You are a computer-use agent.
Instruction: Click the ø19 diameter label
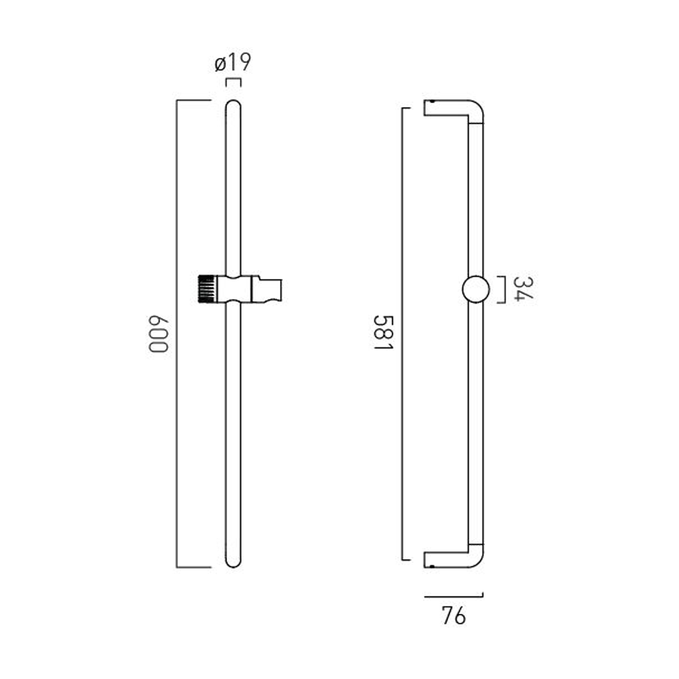pyautogui.click(x=233, y=62)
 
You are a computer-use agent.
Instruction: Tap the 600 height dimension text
pyautogui.click(x=158, y=334)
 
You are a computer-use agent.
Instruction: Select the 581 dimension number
pyautogui.click(x=383, y=333)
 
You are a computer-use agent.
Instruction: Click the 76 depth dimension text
pyautogui.click(x=453, y=616)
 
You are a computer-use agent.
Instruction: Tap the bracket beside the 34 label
pyautogui.click(x=502, y=289)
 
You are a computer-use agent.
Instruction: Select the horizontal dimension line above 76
pyautogui.click(x=454, y=597)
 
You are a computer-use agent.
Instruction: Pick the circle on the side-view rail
pyautogui.click(x=476, y=289)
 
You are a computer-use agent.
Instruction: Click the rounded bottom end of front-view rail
pyautogui.click(x=233, y=561)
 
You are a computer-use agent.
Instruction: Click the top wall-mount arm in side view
pyautogui.click(x=446, y=108)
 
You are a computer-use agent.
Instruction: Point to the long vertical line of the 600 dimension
pyautogui.click(x=177, y=333)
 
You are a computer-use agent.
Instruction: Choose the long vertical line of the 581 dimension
pyautogui.click(x=402, y=334)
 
